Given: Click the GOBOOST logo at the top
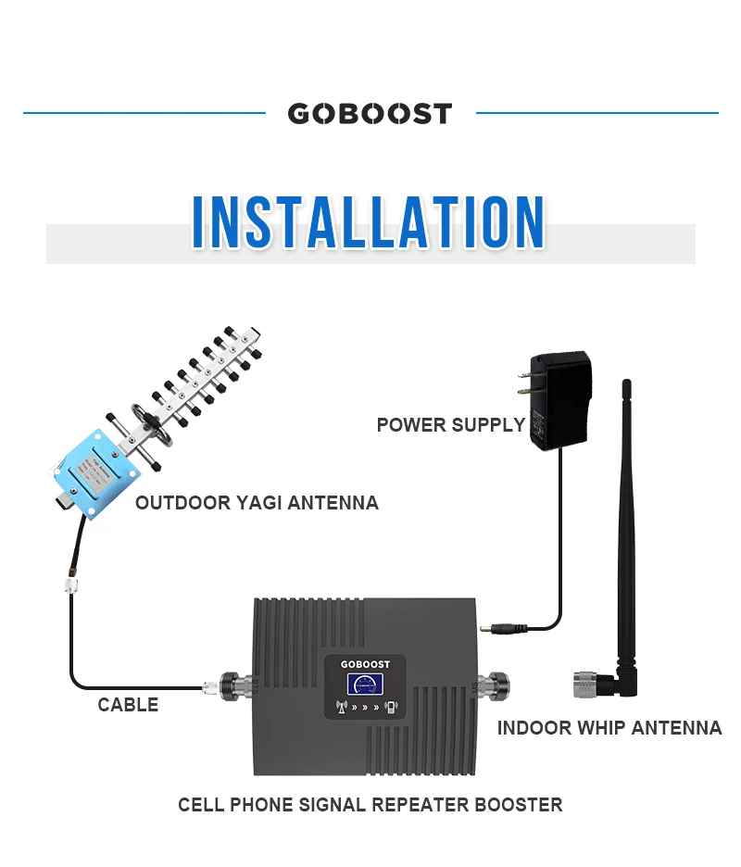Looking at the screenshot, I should pyautogui.click(x=370, y=114).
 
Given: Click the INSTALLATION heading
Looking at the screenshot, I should pyautogui.click(x=369, y=222).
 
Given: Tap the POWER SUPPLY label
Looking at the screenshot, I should pyautogui.click(x=450, y=425).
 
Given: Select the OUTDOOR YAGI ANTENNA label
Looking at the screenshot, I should pyautogui.click(x=257, y=503).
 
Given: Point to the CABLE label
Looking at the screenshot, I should pyautogui.click(x=128, y=705).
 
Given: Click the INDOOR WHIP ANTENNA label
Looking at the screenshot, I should pyautogui.click(x=609, y=728).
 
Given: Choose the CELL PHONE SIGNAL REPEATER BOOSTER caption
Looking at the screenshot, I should pyautogui.click(x=370, y=804).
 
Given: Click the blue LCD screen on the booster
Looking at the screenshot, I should pyautogui.click(x=366, y=685).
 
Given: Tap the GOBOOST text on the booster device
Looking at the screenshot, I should pyautogui.click(x=366, y=664).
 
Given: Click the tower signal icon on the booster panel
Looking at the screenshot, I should pyautogui.click(x=340, y=708).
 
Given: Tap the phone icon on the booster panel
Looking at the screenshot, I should pyautogui.click(x=392, y=708).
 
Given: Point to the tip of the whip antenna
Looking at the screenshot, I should pyautogui.click(x=626, y=383).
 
